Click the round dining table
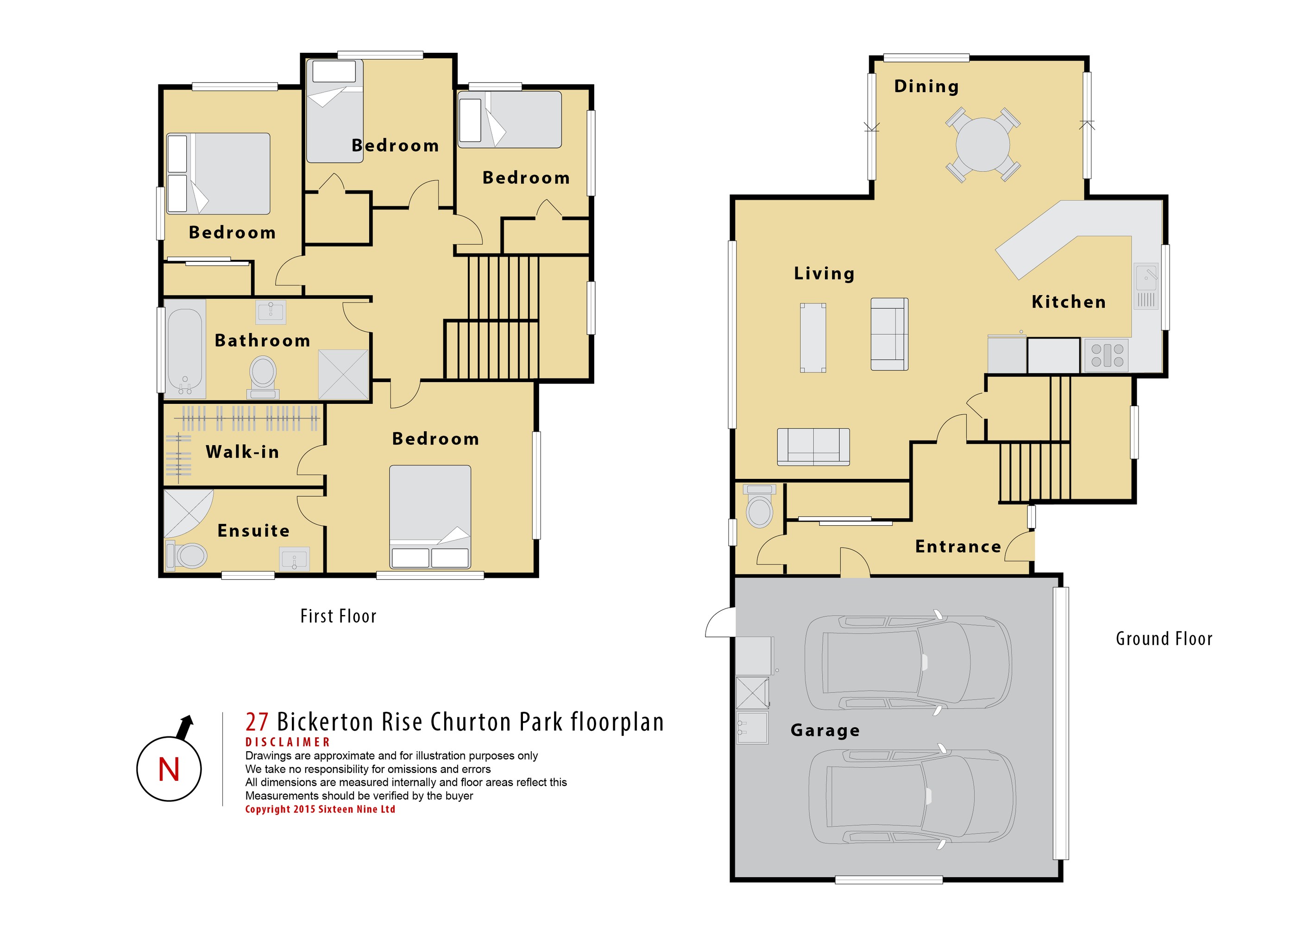(982, 145)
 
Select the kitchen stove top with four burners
(1106, 355)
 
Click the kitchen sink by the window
(1146, 287)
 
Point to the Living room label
(824, 273)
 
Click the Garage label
(825, 730)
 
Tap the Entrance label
(958, 547)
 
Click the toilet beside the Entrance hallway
(760, 506)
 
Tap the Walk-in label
(242, 452)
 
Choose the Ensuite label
(253, 531)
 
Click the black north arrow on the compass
(184, 727)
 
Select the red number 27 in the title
(257, 722)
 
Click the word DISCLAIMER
(288, 742)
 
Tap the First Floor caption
(338, 616)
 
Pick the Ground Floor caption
(1164, 638)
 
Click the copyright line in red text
(321, 809)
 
